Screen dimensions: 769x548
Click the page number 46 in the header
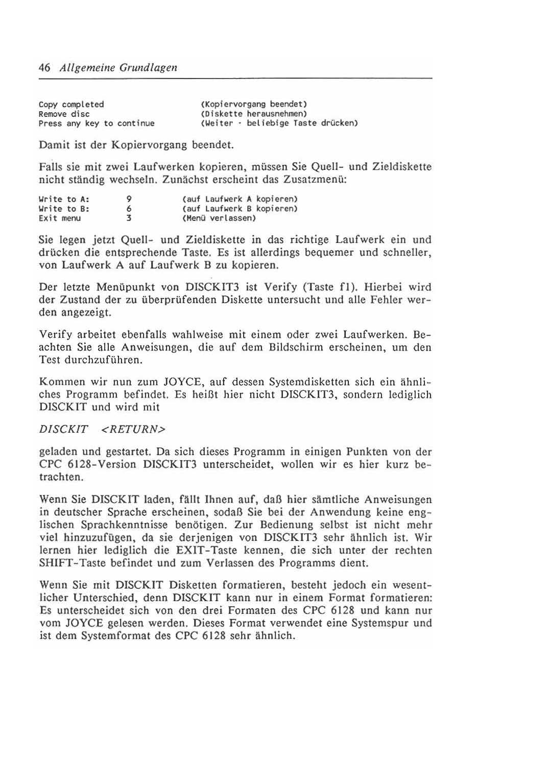(x=44, y=68)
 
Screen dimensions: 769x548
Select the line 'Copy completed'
(x=72, y=105)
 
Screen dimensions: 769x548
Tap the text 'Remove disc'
(x=64, y=114)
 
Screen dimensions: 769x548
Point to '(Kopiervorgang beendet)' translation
(x=253, y=105)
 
